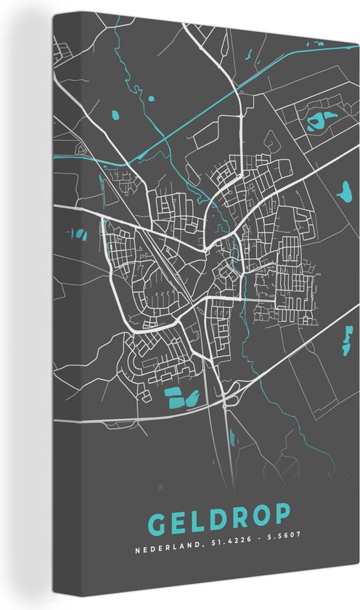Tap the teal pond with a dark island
pyautogui.click(x=317, y=121)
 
